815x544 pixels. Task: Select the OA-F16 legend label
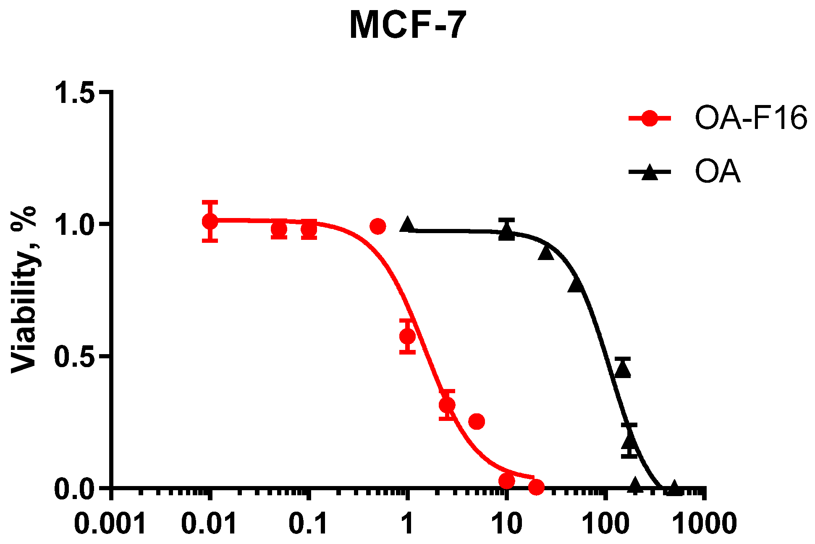(751, 118)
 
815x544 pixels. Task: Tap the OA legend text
(717, 171)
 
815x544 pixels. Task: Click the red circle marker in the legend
(650, 118)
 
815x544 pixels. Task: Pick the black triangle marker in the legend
(650, 172)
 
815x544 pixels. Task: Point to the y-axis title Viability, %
(24, 289)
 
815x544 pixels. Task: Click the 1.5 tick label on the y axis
(74, 92)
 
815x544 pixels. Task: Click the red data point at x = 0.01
(210, 221)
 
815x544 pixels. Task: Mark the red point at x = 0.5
(377, 226)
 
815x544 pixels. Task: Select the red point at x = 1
(407, 336)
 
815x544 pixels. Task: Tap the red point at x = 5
(477, 421)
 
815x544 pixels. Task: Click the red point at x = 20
(536, 487)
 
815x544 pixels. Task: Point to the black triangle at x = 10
(507, 232)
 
